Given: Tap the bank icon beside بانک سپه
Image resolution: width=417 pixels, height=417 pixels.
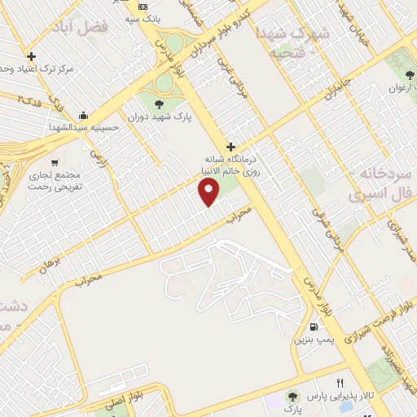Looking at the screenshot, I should [142, 7].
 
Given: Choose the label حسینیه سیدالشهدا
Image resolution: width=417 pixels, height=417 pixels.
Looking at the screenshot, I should [83, 127].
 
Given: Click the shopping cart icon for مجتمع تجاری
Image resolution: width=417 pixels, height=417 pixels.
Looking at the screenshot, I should [54, 162].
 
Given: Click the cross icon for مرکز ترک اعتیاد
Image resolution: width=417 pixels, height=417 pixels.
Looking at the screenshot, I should [32, 57].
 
